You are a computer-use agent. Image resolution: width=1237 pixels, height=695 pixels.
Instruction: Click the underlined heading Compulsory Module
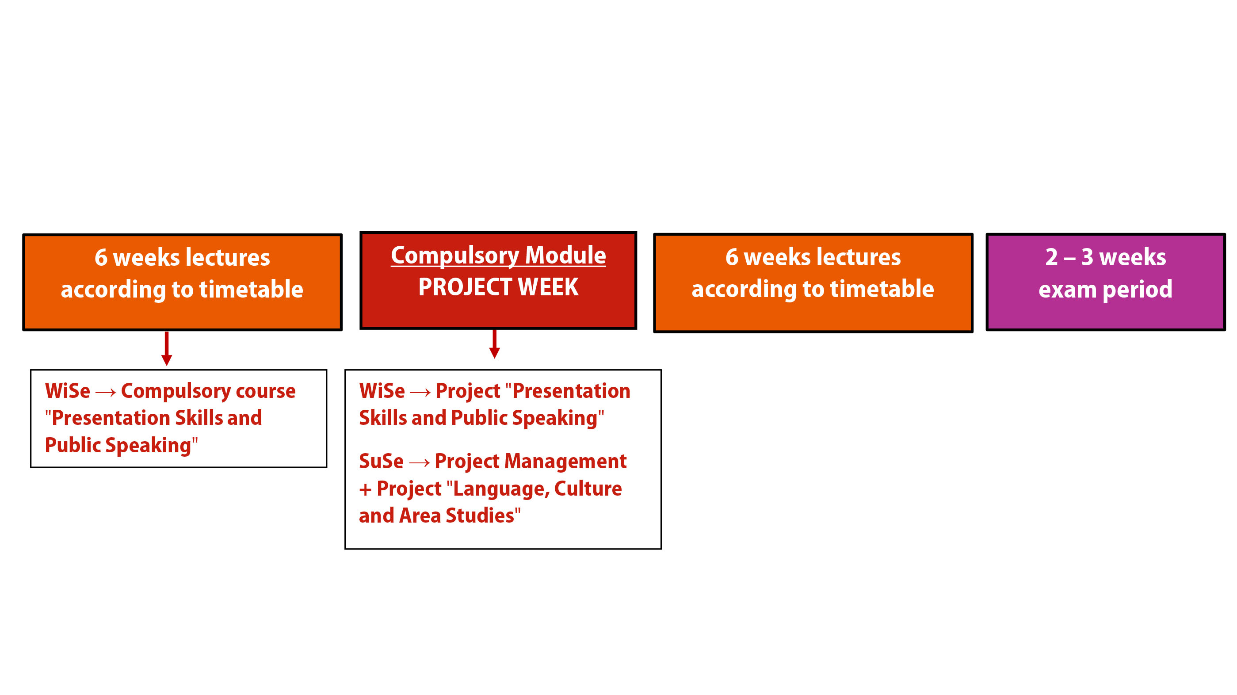498,256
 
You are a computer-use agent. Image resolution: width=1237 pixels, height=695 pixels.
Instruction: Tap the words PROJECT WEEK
498,287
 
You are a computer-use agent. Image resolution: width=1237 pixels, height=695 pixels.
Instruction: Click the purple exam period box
1105,282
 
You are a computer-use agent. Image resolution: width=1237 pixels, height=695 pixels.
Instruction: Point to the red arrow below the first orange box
167,348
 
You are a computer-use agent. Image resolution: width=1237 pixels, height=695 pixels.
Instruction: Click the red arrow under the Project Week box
494,344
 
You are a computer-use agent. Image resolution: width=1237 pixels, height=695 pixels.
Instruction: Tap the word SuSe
381,461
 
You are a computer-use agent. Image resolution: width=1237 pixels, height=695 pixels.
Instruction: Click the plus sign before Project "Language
366,489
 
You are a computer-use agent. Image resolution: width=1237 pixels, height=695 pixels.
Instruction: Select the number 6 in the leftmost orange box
101,257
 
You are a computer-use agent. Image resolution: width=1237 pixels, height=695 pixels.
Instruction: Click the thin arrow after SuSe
420,462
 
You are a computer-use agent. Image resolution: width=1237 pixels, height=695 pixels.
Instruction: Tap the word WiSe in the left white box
68,391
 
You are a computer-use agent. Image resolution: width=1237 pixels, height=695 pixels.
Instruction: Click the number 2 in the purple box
1051,257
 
